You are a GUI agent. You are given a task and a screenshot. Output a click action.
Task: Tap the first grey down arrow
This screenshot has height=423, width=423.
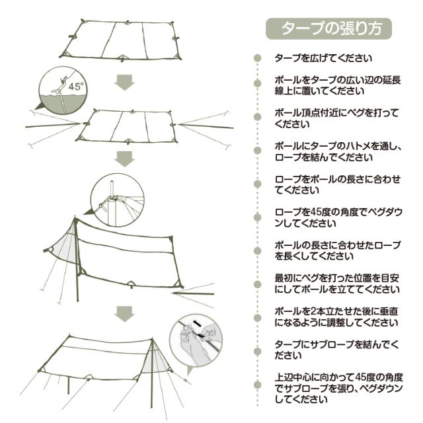124,83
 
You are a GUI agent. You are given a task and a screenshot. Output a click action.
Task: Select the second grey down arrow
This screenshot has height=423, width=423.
124,159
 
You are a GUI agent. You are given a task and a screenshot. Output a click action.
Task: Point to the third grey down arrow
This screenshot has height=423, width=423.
124,313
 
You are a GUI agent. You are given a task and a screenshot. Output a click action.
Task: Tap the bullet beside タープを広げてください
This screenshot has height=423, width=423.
258,58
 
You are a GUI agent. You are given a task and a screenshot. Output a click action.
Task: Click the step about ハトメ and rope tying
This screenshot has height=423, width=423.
338,152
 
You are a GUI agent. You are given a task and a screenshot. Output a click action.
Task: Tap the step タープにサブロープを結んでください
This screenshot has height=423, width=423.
337,349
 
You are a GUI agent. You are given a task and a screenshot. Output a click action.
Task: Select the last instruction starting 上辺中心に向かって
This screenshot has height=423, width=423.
337,391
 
